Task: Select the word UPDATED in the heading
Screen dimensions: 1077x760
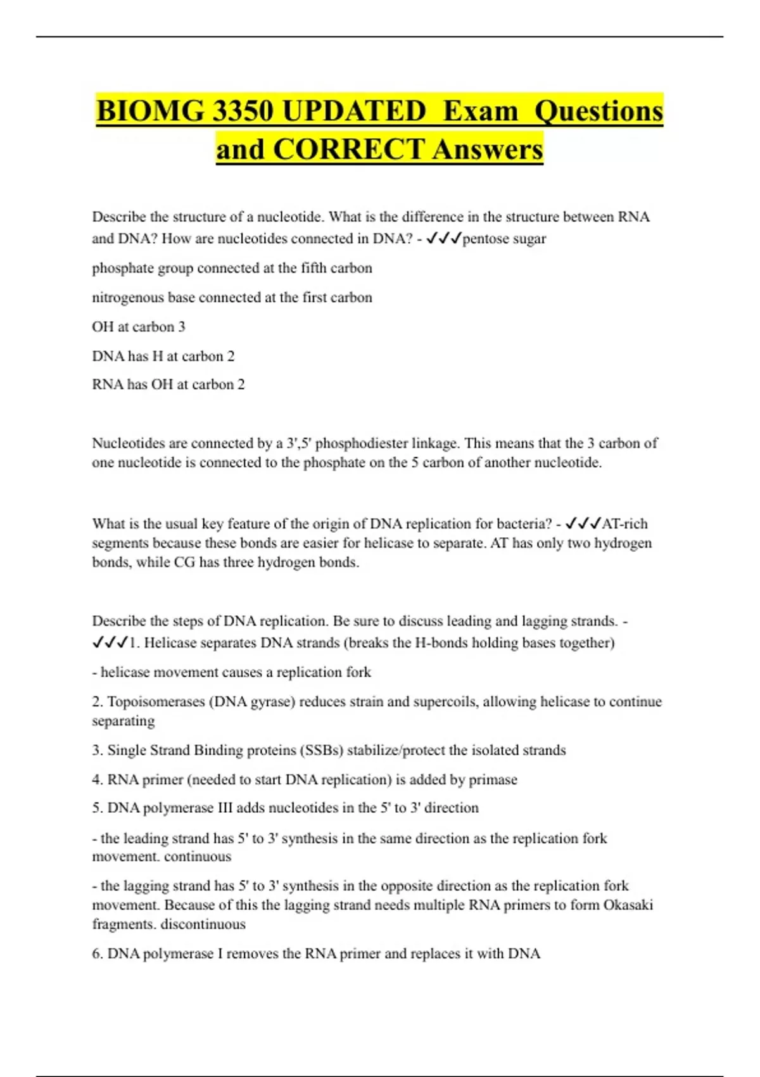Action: [354, 112]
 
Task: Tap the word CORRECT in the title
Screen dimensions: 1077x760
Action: [348, 150]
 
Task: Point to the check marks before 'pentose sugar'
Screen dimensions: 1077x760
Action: [444, 239]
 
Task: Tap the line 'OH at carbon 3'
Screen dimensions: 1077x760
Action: [139, 327]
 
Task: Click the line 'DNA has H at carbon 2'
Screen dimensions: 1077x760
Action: [163, 356]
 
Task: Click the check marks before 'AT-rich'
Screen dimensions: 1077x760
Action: [583, 524]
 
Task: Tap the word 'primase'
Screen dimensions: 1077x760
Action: [493, 780]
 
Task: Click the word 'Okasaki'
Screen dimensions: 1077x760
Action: [628, 905]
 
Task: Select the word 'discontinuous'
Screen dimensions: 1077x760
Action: [203, 924]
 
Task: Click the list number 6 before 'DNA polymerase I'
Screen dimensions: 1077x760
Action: [97, 954]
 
